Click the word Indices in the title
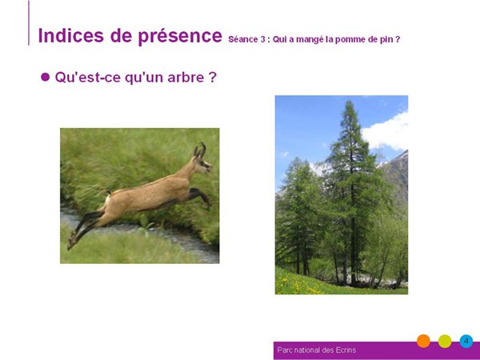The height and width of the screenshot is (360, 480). pyautogui.click(x=71, y=35)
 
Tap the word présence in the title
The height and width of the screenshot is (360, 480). pyautogui.click(x=180, y=37)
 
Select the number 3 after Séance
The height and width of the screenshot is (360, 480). pyautogui.click(x=263, y=39)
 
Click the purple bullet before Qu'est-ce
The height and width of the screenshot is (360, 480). pyautogui.click(x=45, y=77)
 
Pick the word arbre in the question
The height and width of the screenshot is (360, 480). pyautogui.click(x=186, y=77)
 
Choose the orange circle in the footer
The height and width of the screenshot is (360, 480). pyautogui.click(x=423, y=341)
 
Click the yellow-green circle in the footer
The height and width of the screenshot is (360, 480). pyautogui.click(x=445, y=341)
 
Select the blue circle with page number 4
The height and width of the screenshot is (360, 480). pyautogui.click(x=466, y=341)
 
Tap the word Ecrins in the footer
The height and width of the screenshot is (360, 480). pyautogui.click(x=346, y=350)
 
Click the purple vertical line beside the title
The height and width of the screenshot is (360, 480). pyautogui.click(x=29, y=23)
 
